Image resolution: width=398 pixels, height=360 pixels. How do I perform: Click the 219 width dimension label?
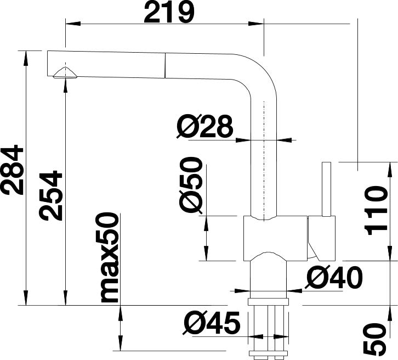(x=169, y=12)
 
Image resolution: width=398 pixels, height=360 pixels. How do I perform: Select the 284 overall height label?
(x=12, y=170)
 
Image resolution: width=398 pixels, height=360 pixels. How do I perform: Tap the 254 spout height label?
(x=50, y=195)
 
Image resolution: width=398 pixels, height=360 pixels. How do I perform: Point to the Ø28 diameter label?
(x=204, y=126)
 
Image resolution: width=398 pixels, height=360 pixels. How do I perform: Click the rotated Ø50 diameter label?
(x=191, y=185)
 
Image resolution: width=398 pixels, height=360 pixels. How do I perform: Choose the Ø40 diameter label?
(x=334, y=278)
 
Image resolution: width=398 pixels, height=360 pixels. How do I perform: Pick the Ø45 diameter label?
(x=212, y=323)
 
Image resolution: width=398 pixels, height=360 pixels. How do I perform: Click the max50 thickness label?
(x=110, y=258)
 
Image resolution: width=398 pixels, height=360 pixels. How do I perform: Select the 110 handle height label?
(x=376, y=211)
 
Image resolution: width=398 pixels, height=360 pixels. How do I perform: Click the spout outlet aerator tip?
(x=65, y=73)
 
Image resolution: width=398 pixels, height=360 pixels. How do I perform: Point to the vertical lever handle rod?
(x=326, y=189)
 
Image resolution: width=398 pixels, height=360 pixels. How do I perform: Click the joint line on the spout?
(x=165, y=65)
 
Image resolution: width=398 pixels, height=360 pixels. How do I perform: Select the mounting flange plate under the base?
(x=269, y=302)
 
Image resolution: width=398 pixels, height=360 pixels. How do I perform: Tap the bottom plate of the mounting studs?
(x=269, y=353)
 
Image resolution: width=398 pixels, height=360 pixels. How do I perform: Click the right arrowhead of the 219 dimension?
(x=257, y=24)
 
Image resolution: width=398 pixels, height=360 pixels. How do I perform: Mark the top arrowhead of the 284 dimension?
(x=25, y=58)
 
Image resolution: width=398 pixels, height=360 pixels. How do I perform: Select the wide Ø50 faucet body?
(x=276, y=239)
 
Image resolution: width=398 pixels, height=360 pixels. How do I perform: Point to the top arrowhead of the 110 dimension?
(x=390, y=170)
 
